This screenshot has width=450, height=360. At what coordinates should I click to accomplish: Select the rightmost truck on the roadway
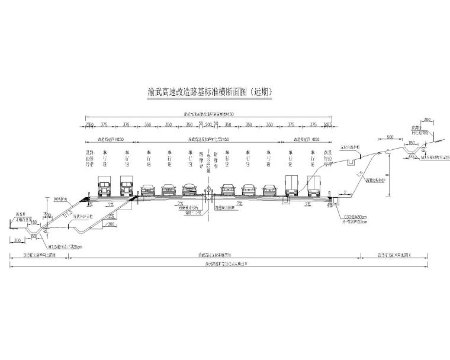point(313,187)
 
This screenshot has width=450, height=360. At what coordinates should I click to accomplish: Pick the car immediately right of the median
point(229,189)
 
